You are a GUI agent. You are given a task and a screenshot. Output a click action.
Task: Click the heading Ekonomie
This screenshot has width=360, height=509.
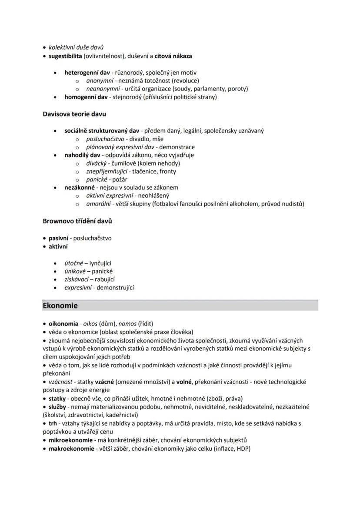[60, 306]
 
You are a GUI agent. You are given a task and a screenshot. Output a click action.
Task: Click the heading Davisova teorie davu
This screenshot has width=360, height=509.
[74, 114]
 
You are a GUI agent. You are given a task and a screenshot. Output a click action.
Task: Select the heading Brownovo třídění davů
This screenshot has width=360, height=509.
[77, 221]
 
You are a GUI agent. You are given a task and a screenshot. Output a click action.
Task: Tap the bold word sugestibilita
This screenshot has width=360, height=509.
[65, 56]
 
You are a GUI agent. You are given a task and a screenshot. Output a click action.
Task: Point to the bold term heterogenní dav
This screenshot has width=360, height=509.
[87, 73]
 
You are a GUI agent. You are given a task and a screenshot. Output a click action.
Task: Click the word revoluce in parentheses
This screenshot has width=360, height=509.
[186, 81]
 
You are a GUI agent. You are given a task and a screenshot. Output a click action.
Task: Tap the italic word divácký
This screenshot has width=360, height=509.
[96, 163]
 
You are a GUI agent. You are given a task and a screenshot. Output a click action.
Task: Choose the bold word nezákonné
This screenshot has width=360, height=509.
[80, 188]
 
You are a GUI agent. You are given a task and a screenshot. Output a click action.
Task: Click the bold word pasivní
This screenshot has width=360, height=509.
[58, 238]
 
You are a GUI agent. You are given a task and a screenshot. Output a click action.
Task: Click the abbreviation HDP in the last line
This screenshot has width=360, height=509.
[242, 449]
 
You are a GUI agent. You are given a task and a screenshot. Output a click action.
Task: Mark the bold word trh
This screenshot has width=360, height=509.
[53, 423]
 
